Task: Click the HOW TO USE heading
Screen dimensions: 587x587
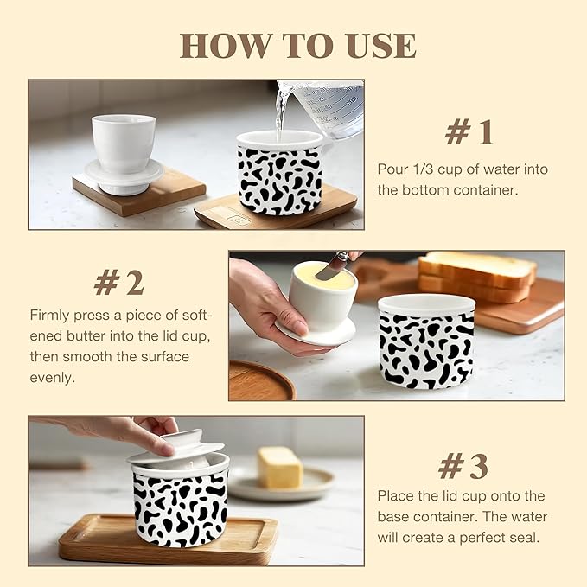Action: pyautogui.click(x=297, y=46)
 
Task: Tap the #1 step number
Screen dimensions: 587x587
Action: pyautogui.click(x=469, y=132)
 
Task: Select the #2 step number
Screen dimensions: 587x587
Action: pyautogui.click(x=119, y=282)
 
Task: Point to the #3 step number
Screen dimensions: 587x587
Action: pyautogui.click(x=463, y=467)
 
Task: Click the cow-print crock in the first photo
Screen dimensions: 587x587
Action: pyautogui.click(x=279, y=173)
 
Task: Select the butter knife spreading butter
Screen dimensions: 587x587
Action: pyautogui.click(x=333, y=266)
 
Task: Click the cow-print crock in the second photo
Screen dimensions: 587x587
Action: pyautogui.click(x=426, y=341)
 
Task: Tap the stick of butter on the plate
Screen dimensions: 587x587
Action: pyautogui.click(x=280, y=467)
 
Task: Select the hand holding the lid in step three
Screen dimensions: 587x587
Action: pyautogui.click(x=130, y=430)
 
